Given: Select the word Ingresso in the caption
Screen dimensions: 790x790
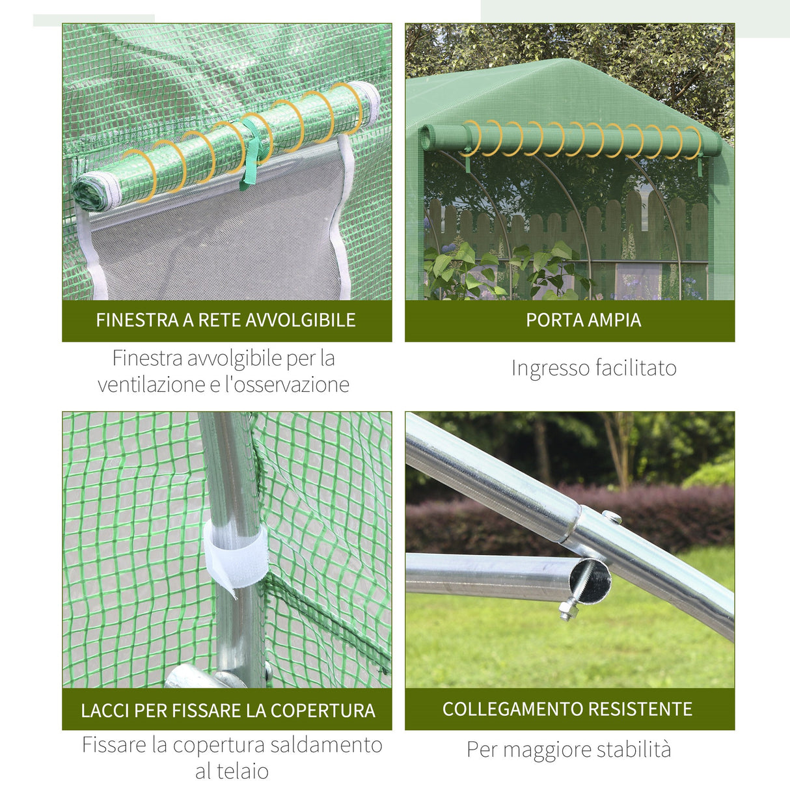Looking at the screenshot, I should pyautogui.click(x=551, y=368).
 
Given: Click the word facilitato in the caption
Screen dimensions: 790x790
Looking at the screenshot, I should pyautogui.click(x=636, y=368).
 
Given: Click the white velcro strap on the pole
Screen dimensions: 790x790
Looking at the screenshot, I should pyautogui.click(x=235, y=555).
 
